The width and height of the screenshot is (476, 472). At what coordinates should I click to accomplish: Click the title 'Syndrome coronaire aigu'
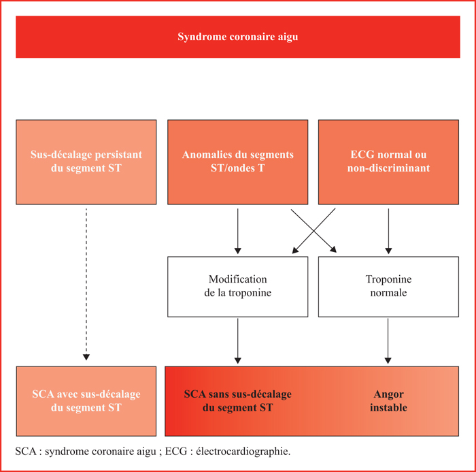coord(238,37)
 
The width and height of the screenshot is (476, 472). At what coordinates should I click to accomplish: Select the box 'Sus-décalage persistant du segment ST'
coord(86,162)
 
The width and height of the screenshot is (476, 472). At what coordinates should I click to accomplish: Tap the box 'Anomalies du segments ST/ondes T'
coord(238,162)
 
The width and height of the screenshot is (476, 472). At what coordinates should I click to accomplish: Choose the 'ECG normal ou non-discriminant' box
coord(388,162)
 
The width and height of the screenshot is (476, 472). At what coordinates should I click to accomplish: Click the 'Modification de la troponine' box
coord(238,287)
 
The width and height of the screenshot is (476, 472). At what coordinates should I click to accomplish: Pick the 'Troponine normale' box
coord(388,287)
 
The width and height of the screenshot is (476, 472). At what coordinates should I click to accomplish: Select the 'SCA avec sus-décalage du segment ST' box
coord(86,401)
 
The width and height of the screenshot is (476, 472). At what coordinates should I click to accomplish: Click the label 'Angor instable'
coord(388,401)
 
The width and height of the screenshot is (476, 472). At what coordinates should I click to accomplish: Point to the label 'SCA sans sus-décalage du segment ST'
coord(238,401)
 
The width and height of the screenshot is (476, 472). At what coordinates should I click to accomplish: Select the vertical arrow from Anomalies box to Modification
coord(238,231)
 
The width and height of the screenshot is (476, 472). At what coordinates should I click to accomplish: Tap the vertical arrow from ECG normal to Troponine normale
coord(388,231)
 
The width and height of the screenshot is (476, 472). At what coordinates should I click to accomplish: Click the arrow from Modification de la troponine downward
coord(238,341)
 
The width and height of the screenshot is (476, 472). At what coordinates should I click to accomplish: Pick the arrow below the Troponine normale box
coord(388,341)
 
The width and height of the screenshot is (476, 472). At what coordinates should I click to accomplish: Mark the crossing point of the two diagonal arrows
coord(314,231)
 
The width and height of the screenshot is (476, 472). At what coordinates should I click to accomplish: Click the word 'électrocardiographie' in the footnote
coord(243,452)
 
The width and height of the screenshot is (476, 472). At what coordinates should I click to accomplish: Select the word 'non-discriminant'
coord(388,168)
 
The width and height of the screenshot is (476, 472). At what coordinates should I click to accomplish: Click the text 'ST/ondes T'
coord(238,168)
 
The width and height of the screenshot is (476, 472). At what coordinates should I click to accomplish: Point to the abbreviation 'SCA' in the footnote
coord(26,452)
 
